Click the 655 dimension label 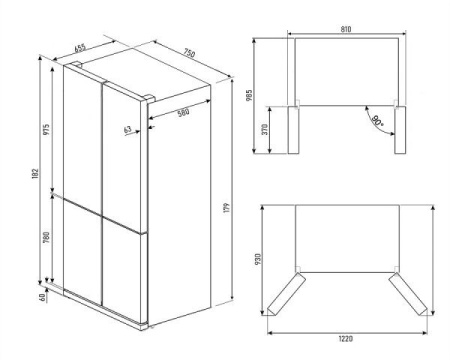point(80,48)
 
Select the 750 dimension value point(189,53)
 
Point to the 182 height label point(36,174)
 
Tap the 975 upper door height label point(47,129)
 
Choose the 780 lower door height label point(47,237)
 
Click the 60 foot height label point(42,297)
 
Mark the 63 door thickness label point(128,129)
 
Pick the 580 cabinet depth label point(183,112)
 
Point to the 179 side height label point(228,208)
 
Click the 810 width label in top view point(346,29)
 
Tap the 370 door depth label point(265,129)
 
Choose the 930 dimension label point(258,259)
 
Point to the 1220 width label point(346,339)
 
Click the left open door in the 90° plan point(293,130)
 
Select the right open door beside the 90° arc point(400,130)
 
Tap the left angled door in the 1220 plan point(287,294)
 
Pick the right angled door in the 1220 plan point(408,294)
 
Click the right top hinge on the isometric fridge point(149,98)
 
